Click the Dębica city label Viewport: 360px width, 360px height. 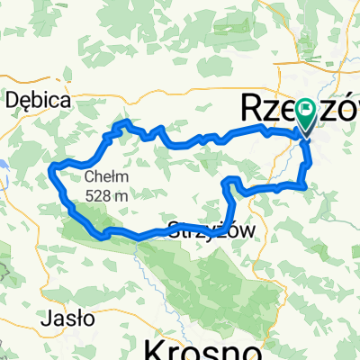coord(38,100)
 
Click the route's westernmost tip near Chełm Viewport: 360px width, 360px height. coord(53,166)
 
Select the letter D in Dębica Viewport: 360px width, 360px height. coord(13,100)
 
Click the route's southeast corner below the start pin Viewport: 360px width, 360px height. coord(307,185)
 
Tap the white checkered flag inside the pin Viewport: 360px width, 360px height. coord(306,112)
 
